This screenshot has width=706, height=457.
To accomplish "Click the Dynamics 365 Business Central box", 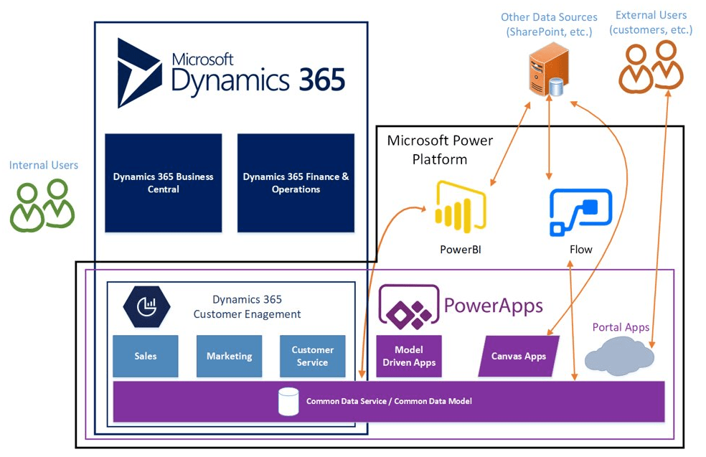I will click(163, 183).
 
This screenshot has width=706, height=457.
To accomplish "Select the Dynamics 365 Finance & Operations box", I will click(296, 183).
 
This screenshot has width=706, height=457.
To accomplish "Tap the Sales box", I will click(145, 356).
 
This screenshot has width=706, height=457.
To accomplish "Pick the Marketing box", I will click(229, 356).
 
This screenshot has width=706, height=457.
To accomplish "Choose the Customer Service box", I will click(312, 356).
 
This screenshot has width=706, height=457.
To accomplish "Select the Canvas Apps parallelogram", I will click(518, 356).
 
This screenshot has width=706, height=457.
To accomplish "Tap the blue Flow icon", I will click(580, 212).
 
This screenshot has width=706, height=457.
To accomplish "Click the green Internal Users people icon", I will click(42, 205).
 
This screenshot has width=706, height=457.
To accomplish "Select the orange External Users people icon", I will click(651, 67).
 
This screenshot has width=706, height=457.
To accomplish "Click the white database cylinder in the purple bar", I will click(288, 402).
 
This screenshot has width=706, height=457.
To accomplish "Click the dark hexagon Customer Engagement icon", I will click(146, 306).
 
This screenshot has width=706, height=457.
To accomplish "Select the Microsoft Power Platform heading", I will click(440, 149).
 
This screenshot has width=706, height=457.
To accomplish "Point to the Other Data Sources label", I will click(549, 24).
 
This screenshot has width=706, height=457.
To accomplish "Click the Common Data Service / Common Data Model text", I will click(389, 402).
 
